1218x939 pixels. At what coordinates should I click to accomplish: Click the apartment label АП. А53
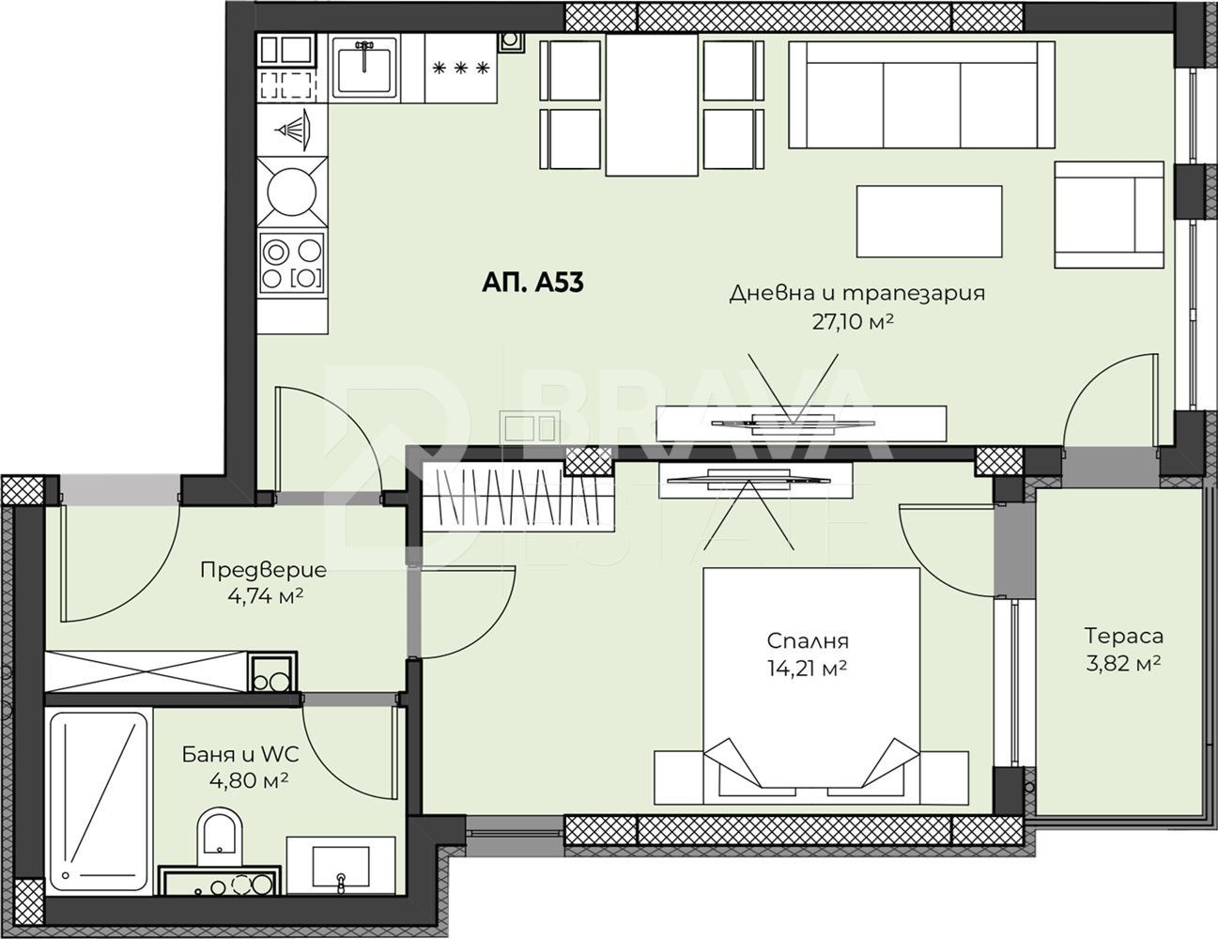point(532,283)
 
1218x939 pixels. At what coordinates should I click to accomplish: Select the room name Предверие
point(264,570)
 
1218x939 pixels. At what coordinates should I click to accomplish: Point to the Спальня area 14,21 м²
point(807,668)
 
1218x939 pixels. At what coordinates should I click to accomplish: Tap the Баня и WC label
point(240,755)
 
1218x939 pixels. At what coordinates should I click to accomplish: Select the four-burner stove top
point(292,263)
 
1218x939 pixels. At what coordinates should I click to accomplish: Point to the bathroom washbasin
point(341,872)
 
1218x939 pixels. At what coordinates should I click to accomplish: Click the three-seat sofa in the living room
point(921,95)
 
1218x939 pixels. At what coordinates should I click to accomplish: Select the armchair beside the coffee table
point(1101,215)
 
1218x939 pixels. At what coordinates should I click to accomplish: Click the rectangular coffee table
point(930,222)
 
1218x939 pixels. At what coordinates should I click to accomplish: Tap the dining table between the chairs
point(652,105)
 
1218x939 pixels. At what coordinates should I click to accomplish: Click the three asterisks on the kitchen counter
point(461,68)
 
